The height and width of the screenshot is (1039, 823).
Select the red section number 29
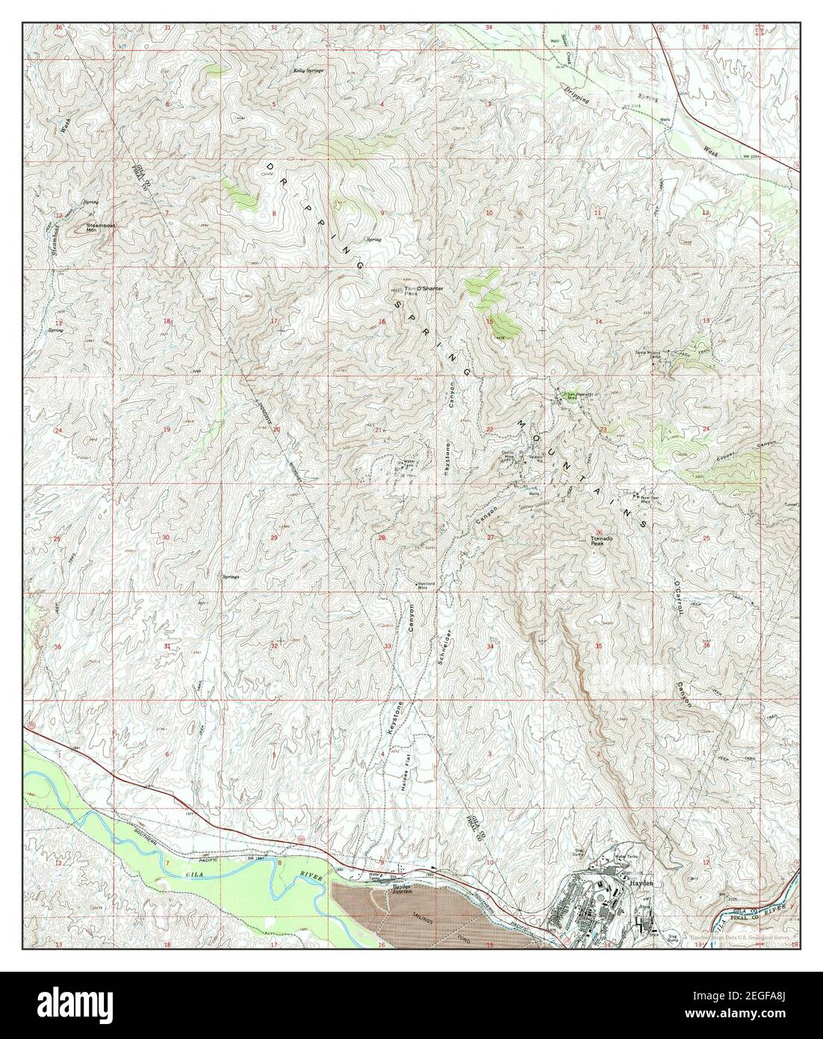[x=274, y=538]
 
